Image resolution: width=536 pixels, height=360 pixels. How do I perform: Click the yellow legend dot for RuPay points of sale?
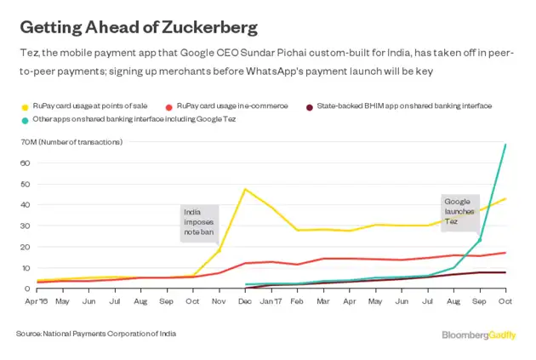[24, 106]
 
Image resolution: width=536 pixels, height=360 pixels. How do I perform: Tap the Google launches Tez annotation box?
[460, 210]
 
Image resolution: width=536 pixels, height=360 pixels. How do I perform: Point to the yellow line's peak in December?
[246, 189]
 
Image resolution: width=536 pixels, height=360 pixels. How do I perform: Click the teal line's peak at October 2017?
[506, 145]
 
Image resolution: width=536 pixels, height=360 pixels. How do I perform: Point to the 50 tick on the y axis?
[26, 184]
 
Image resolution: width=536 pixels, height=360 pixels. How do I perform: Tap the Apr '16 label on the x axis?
[36, 301]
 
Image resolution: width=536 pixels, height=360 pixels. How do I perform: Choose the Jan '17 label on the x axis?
[271, 301]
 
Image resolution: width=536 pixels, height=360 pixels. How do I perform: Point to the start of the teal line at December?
[246, 284]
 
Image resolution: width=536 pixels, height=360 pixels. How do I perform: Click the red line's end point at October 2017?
[506, 252]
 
